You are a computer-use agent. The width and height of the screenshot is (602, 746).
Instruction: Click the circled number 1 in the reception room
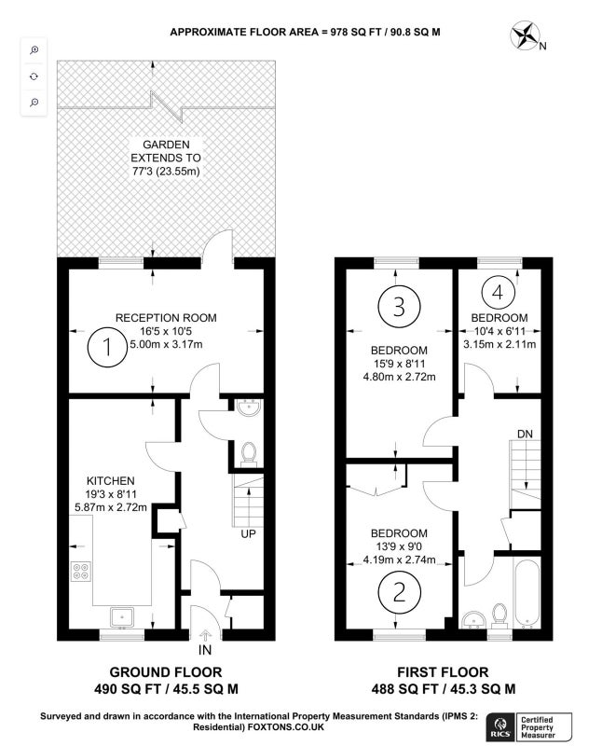(107, 346)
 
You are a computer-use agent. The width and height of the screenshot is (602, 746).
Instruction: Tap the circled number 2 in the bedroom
(400, 592)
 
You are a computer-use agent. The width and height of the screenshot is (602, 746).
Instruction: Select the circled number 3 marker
(400, 307)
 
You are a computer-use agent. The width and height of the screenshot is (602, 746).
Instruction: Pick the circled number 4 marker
(498, 293)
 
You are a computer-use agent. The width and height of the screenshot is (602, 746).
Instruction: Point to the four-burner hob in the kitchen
(81, 571)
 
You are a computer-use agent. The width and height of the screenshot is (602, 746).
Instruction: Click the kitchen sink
(122, 617)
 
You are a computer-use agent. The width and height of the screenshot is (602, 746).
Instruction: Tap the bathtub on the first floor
(527, 593)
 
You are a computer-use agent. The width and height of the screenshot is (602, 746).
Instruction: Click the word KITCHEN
(110, 481)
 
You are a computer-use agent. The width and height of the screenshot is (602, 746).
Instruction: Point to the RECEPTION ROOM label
(166, 318)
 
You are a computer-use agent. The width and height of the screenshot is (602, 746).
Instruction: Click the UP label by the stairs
(248, 533)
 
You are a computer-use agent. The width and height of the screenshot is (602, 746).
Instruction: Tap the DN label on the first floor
(525, 434)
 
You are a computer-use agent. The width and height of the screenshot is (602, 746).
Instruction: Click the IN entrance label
(204, 650)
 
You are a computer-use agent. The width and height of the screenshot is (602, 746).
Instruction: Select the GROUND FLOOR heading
(166, 672)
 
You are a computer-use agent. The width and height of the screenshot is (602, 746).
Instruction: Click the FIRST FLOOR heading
(443, 672)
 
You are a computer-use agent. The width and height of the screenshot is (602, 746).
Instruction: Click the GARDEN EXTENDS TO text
(166, 151)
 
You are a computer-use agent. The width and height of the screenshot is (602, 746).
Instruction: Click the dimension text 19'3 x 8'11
(111, 494)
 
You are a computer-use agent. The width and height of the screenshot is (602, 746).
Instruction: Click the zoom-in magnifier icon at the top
(34, 50)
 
